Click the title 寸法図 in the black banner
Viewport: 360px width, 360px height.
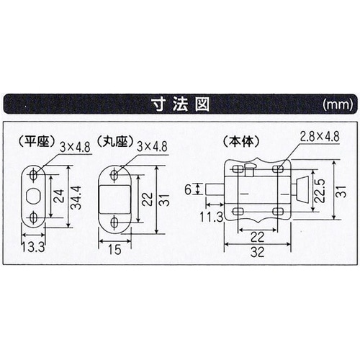click(x=181, y=104)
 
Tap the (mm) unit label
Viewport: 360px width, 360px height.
click(x=338, y=105)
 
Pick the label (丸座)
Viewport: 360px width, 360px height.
click(x=114, y=143)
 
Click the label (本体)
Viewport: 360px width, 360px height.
click(x=241, y=142)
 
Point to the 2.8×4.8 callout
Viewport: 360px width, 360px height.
click(x=320, y=137)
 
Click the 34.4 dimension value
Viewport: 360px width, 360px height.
click(x=77, y=197)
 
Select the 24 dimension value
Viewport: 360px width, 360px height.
click(x=59, y=196)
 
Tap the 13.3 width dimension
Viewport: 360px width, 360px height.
click(x=33, y=247)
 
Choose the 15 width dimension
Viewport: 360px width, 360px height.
click(x=114, y=250)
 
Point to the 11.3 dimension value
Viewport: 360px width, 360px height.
click(x=211, y=217)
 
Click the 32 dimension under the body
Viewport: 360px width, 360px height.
click(x=257, y=252)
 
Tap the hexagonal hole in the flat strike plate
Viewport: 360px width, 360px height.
click(x=33, y=196)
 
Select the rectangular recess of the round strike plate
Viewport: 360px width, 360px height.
click(x=115, y=199)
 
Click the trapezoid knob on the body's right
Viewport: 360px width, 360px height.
click(x=302, y=189)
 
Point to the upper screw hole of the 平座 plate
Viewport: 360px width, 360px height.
click(x=33, y=174)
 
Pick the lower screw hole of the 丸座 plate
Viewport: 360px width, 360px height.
click(x=114, y=222)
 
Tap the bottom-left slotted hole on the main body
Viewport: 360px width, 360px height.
click(x=238, y=212)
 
